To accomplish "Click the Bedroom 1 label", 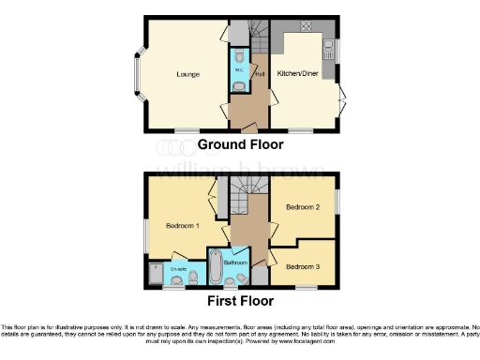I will coord(183,225).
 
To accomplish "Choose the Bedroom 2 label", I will coord(304,206).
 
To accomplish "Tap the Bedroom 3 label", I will coord(304,267).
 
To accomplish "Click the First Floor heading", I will coord(241,301).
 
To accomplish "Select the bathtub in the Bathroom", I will coord(214,266).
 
